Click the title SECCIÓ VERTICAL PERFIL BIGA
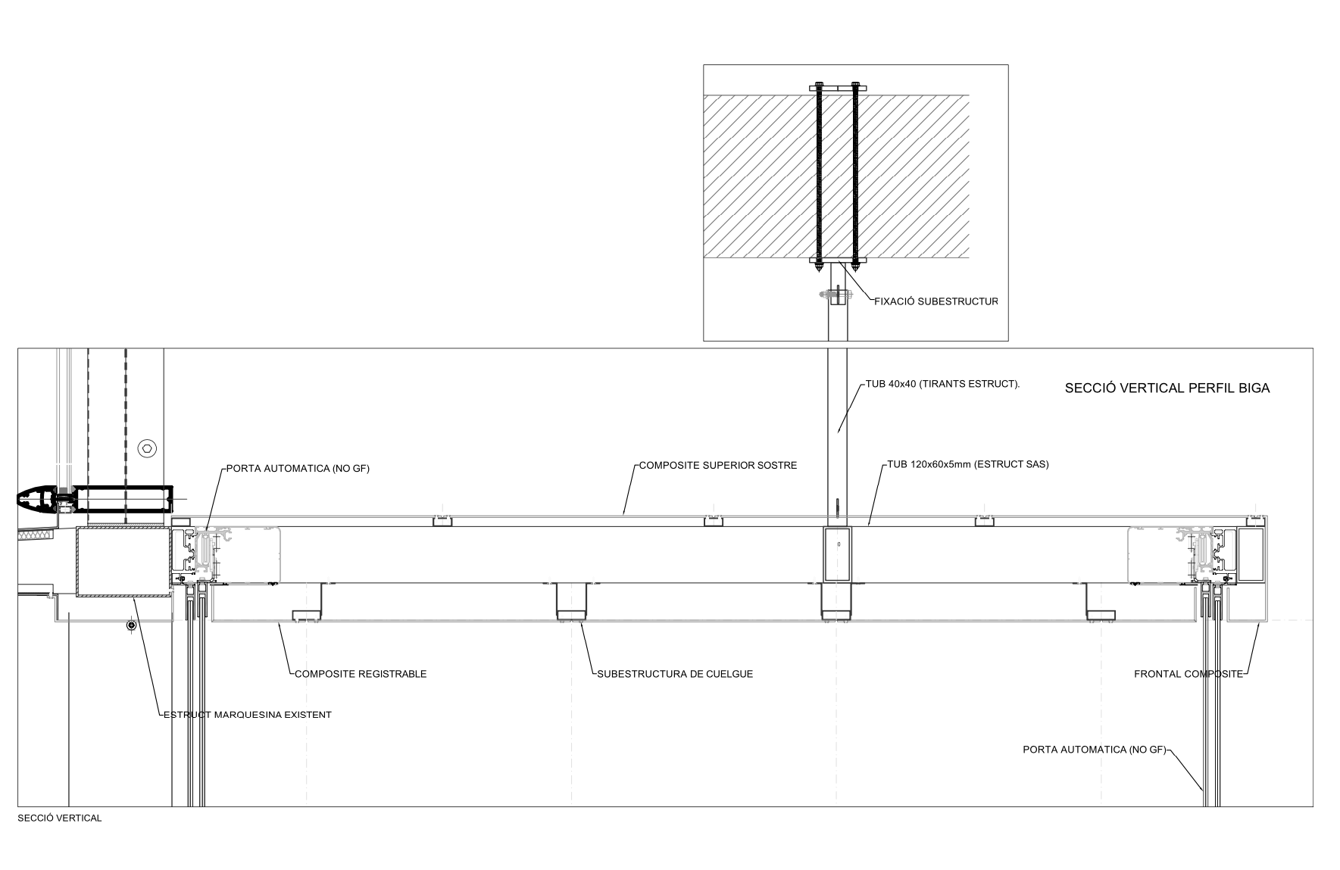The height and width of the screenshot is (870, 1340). click(1167, 388)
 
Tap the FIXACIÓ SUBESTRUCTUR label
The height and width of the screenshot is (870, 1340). click(934, 301)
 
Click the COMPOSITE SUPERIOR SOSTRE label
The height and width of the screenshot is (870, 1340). click(717, 465)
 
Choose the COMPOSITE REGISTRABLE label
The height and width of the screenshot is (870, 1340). click(361, 674)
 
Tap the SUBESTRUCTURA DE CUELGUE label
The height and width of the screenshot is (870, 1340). click(675, 674)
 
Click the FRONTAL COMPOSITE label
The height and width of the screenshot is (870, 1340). click(1188, 674)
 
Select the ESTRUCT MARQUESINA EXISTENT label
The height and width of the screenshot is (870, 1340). click(248, 715)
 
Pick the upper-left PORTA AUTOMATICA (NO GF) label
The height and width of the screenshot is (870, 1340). click(298, 469)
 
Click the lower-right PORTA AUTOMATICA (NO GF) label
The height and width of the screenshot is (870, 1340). click(1093, 750)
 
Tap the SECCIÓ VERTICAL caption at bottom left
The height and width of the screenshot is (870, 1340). click(59, 819)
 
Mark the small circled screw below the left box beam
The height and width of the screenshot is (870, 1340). click(132, 625)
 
